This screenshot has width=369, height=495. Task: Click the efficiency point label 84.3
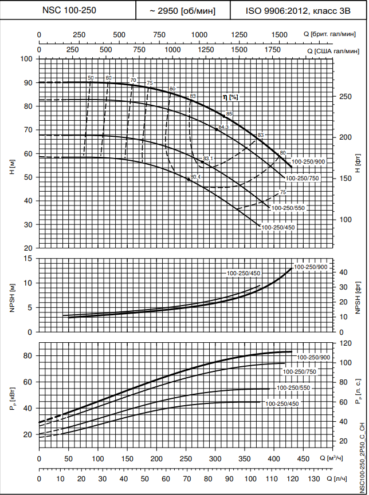[223, 126]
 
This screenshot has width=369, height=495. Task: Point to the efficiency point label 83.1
[209, 158]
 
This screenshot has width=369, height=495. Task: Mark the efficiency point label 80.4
[196, 177]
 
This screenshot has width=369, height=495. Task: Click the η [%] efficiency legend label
[230, 97]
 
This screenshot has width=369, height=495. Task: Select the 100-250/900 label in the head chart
[308, 162]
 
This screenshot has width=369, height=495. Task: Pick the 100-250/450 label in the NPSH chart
[244, 273]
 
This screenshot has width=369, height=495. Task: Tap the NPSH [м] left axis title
[12, 295]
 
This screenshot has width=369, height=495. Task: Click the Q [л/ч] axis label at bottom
[337, 478]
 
